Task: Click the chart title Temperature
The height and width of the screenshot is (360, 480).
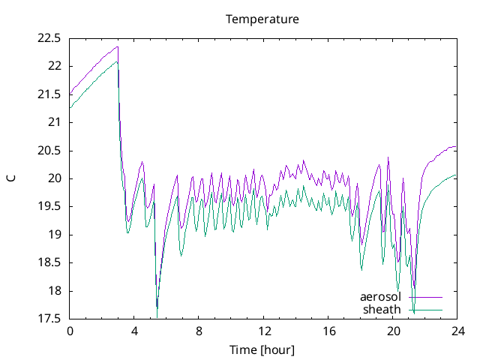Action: pos(262,19)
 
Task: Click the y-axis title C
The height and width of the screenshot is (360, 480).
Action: pos(11,178)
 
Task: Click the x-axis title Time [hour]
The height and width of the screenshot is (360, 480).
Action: pos(262,349)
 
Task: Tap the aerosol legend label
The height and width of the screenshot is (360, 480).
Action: pos(381,297)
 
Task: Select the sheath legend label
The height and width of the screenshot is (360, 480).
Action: pos(382,309)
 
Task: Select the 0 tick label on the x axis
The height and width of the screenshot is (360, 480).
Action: pos(70,331)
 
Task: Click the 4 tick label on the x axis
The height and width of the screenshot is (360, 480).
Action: pos(134,331)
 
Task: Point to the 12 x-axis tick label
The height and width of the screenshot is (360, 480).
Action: pos(263,331)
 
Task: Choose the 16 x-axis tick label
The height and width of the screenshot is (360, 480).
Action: pos(328,331)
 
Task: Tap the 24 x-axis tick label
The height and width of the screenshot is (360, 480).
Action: pos(457,331)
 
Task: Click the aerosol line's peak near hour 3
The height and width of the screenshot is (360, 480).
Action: pos(118,47)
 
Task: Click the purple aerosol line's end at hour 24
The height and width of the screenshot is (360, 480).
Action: pos(456,147)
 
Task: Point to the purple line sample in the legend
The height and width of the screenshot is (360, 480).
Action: pos(425,298)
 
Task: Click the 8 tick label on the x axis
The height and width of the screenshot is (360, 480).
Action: pos(199,331)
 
